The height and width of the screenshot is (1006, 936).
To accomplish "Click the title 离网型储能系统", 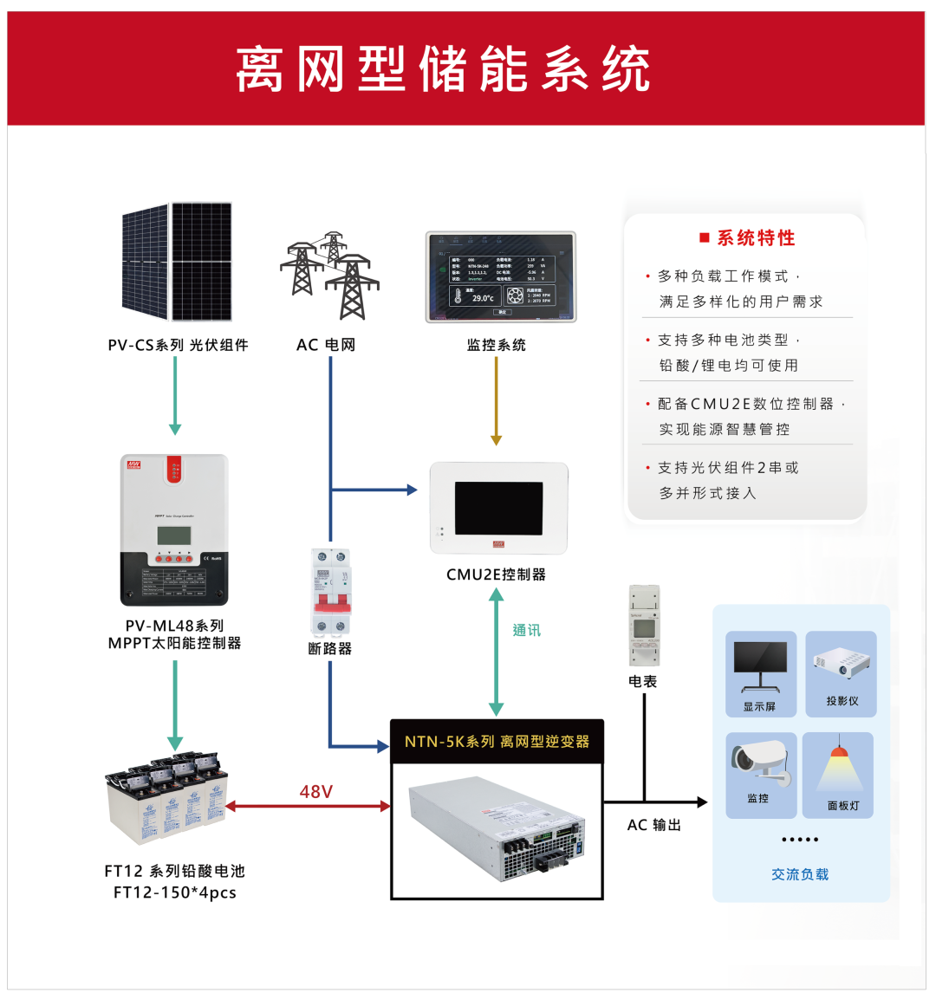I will [443, 69].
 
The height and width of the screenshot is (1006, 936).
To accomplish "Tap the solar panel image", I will [177, 261].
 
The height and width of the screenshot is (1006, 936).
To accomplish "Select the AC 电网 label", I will [326, 345].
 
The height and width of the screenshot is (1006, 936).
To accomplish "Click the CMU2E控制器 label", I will [496, 574].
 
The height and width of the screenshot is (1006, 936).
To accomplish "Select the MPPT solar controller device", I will [174, 530].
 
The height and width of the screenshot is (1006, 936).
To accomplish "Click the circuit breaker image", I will [331, 592].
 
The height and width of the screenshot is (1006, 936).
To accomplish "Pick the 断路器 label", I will [330, 648].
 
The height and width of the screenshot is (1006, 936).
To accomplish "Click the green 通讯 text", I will [526, 630].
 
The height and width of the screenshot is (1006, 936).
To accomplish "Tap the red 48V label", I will [315, 791].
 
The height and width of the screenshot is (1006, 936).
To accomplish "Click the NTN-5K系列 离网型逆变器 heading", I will [497, 742].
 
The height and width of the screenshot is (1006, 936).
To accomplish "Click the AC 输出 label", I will [653, 825].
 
